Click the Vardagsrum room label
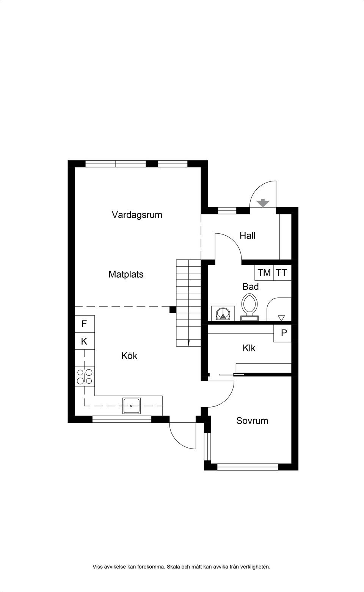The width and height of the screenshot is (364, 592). click(137, 215)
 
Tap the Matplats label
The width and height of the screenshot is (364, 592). click(126, 274)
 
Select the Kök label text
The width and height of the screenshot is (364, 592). click(129, 356)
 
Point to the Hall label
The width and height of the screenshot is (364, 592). click(247, 236)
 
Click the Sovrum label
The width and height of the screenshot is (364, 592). click(252, 420)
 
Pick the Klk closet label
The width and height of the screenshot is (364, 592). click(249, 348)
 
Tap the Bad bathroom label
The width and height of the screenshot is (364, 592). click(251, 286)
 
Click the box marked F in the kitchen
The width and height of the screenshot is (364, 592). click(85, 324)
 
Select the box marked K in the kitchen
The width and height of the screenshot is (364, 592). click(85, 341)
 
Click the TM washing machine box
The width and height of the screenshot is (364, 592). click(264, 272)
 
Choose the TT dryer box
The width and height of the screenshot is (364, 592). click(282, 272)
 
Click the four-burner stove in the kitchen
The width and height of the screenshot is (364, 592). click(85, 376)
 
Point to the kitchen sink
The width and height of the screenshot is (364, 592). click(132, 406)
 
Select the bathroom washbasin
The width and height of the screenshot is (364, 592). click(223, 314)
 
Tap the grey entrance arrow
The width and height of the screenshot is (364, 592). click(263, 203)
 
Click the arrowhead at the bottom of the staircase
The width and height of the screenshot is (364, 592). click(188, 343)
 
